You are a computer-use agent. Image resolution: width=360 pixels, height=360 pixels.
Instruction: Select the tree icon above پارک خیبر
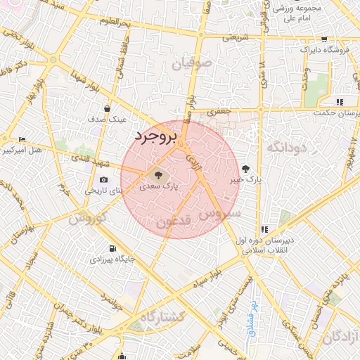245,169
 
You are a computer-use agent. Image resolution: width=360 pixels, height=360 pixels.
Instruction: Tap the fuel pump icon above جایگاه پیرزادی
112,248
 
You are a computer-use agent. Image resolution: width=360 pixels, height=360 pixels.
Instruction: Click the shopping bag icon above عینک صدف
107,109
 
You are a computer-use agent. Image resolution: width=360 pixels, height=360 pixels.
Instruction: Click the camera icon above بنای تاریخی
104,179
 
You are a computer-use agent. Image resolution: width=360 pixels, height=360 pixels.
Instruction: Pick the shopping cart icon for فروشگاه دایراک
323,40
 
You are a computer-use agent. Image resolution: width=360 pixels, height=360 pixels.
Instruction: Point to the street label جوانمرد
111,305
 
